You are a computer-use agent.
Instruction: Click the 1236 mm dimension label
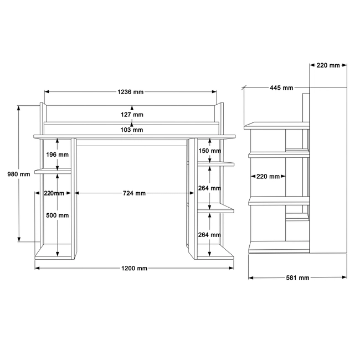pos(130,92)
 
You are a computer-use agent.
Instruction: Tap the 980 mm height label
pos(19,174)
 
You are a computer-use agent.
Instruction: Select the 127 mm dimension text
pos(132,114)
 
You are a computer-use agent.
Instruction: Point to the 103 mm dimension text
pos(132,130)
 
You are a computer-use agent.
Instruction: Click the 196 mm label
pos(58,155)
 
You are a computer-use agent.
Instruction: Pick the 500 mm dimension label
pos(58,215)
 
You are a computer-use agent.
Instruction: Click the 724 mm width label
pos(135,193)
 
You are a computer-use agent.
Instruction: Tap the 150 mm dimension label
pos(209,151)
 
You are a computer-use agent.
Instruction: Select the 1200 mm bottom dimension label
pos(135,268)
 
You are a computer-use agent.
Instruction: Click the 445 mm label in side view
pos(281,88)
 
